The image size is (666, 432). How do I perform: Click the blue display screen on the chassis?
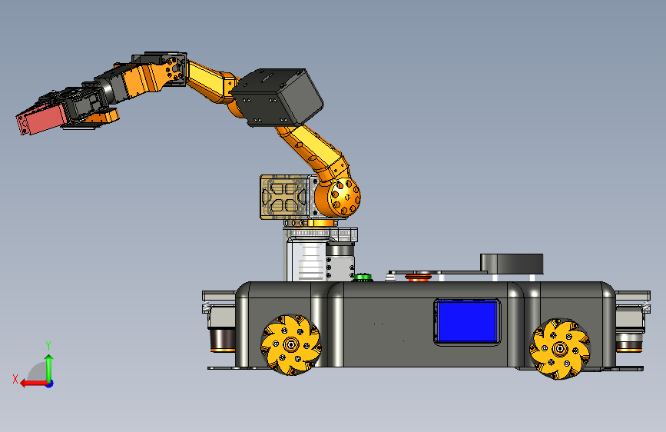467,321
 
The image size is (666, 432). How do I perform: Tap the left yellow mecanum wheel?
291,344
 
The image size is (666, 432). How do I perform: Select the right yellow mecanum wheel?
560,349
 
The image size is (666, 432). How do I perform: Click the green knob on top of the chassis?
363,277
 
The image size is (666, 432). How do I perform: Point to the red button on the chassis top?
419,278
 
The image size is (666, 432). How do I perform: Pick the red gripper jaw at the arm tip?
41,119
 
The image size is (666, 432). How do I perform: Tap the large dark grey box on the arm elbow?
277,98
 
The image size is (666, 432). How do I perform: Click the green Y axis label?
48,346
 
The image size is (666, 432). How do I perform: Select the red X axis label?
15,379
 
